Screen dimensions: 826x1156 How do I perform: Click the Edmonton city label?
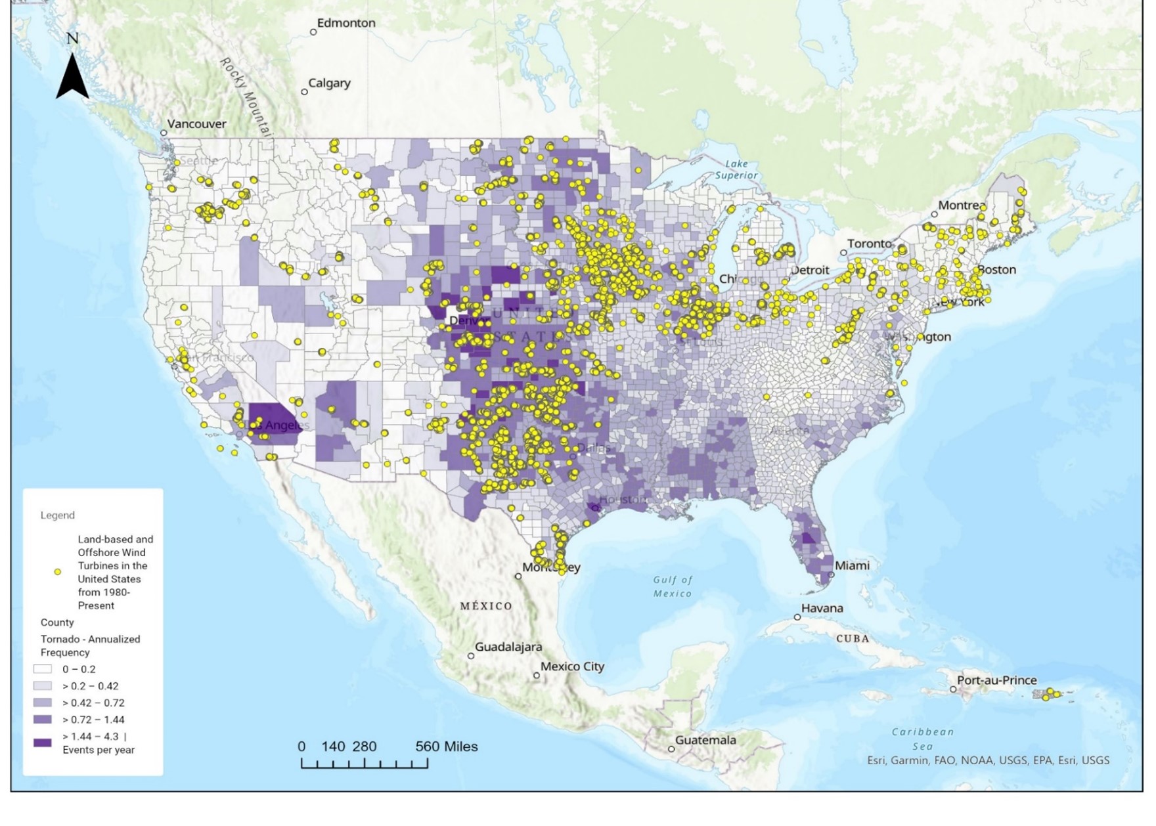coord(345,23)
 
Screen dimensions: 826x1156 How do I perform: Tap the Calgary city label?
coord(329,83)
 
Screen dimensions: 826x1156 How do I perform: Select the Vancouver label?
coord(196,124)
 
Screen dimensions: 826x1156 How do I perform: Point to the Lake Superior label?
coord(736,169)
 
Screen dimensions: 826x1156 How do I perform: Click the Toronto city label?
coord(870,244)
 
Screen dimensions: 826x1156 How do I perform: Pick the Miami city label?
coord(852,565)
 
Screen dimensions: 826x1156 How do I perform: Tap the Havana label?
coord(822,608)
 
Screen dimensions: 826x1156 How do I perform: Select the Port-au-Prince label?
coord(996,680)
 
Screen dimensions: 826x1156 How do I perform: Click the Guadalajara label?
coord(508,647)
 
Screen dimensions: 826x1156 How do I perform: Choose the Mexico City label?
coord(572,666)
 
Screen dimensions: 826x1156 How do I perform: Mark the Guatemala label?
coord(705,740)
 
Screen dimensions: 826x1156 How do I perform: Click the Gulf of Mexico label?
coord(673,586)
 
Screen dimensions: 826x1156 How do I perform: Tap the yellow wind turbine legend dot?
coord(58,572)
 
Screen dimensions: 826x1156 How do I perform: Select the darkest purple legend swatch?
coord(43,743)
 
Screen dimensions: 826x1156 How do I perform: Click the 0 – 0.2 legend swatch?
coord(43,669)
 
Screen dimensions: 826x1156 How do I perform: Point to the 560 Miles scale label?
coord(446,747)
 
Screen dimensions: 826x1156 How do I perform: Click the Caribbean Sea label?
coord(922,739)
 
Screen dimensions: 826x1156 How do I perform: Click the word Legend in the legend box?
coord(58,515)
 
